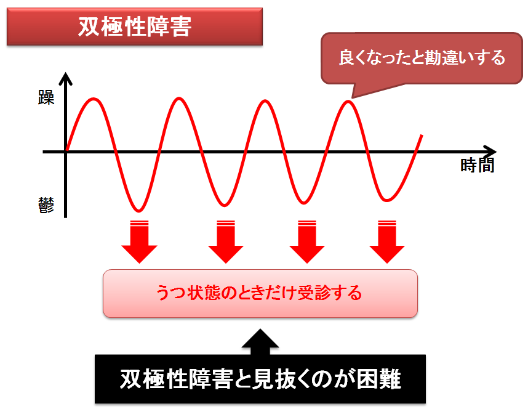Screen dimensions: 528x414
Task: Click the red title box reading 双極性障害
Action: point(135,26)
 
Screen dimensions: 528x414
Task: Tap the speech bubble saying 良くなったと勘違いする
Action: point(422,58)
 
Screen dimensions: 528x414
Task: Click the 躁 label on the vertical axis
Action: point(46,98)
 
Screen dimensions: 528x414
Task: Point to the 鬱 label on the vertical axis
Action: point(46,205)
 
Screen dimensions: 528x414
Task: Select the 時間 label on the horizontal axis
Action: point(477,166)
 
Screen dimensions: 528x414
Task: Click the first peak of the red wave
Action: point(94,99)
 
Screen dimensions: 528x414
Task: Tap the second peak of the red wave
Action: point(179,99)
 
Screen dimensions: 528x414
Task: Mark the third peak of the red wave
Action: point(265,101)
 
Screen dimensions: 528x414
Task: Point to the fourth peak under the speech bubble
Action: point(348,102)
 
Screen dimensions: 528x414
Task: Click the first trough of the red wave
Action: point(138,211)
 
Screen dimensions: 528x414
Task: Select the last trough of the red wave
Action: point(387,201)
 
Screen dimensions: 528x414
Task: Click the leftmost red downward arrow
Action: point(139,241)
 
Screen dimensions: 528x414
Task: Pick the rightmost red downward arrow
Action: point(387,241)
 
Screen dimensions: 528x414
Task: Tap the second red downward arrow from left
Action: point(226,241)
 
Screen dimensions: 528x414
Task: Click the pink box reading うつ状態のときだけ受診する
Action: point(260,294)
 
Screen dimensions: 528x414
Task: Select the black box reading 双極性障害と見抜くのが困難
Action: point(260,379)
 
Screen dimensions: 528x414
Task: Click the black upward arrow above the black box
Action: point(260,342)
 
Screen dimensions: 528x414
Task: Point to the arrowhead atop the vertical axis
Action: point(65,78)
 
